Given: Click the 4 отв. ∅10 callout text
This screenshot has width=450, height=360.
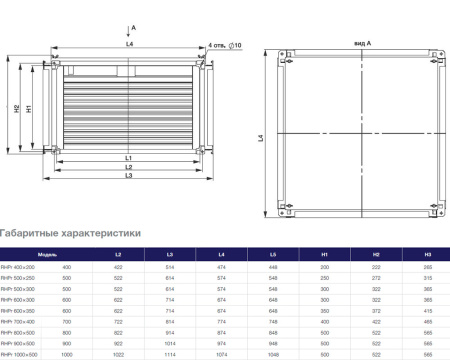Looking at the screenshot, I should tap(226, 46).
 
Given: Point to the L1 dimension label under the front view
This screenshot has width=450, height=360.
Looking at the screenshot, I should tap(130, 158).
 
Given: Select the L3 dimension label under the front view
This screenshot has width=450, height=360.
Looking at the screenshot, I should tap(130, 176).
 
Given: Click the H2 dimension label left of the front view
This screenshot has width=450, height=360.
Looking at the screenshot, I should tap(17, 107).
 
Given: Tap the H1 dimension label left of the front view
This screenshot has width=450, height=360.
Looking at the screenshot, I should tap(30, 107).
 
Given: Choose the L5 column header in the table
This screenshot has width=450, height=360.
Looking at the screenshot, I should tap(272, 256).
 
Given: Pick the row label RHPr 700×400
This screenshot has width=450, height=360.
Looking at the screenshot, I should tap(18, 322).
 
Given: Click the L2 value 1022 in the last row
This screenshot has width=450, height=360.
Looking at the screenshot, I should tap(119, 354).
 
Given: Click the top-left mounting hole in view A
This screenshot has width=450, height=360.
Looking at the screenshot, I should tap(276, 58).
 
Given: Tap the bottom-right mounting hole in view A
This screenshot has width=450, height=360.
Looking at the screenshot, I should tap(437, 209).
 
